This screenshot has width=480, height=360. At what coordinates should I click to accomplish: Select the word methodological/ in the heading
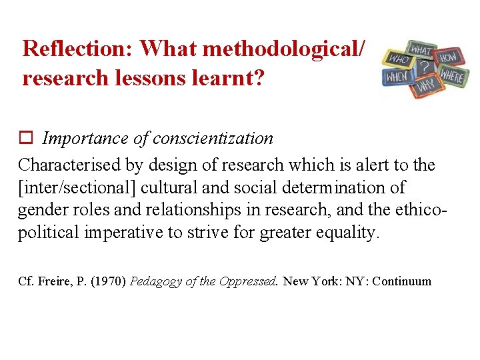point(283,49)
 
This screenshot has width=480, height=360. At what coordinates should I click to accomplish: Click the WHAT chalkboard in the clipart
point(420,50)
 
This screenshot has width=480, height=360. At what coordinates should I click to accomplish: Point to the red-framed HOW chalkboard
point(448,57)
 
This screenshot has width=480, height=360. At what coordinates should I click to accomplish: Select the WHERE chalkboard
point(451,77)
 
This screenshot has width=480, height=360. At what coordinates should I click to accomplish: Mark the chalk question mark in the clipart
point(424,67)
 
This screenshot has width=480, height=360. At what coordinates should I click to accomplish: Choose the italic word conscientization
point(213,139)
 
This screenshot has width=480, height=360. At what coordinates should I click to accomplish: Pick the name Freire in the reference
point(50,281)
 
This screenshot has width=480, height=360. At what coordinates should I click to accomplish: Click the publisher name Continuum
point(402,281)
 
